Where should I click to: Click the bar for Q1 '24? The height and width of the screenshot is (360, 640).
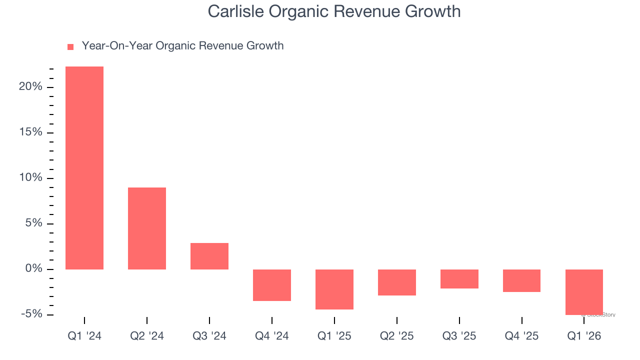[x=84, y=168]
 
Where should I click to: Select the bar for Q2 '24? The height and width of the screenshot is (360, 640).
[x=147, y=228]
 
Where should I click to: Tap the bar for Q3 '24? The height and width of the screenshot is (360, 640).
[x=209, y=256]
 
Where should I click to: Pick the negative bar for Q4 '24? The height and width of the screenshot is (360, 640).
[x=272, y=285]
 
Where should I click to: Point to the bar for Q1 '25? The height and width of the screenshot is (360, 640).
[x=334, y=289]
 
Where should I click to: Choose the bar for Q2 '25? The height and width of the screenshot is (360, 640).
[x=397, y=282]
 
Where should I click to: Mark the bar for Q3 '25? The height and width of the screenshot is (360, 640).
[x=459, y=279]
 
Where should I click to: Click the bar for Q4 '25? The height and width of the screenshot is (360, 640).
[x=521, y=280]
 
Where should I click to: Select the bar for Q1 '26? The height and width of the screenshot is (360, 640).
[x=584, y=292]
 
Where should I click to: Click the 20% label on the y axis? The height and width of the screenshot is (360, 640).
[x=30, y=87]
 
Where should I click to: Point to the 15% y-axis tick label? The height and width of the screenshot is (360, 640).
[x=30, y=132]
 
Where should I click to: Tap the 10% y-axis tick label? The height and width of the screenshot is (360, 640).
[x=30, y=178]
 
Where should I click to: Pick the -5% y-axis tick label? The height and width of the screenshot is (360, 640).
[x=30, y=314]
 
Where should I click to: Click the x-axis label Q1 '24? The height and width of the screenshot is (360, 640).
[x=84, y=336]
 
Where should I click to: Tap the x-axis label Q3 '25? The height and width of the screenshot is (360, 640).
[x=459, y=336]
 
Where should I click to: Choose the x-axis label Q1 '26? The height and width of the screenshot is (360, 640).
[x=584, y=336]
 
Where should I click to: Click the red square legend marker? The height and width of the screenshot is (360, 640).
[x=70, y=46]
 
